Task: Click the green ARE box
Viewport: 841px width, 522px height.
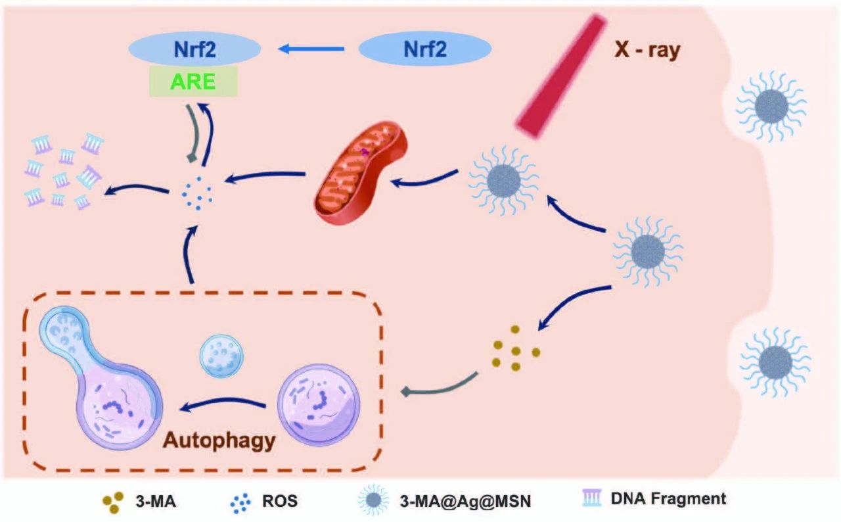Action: click(193, 81)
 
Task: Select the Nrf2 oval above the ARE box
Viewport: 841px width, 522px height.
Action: click(194, 49)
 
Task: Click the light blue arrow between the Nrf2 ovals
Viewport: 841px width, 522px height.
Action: click(311, 48)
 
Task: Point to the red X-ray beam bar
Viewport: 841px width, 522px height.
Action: click(560, 76)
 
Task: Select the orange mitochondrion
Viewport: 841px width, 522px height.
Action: click(361, 170)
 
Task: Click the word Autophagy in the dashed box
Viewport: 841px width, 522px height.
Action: click(219, 439)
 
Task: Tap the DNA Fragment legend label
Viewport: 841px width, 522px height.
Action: click(668, 498)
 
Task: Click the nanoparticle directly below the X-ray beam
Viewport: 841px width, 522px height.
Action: click(503, 178)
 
